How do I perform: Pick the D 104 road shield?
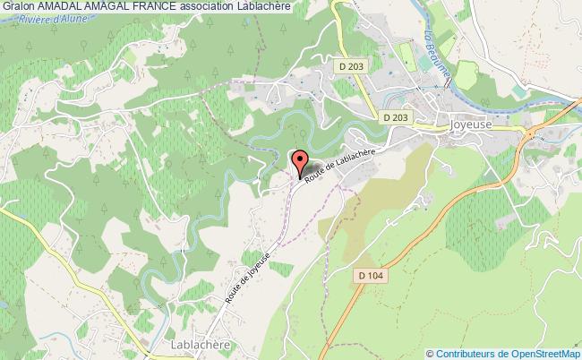368,276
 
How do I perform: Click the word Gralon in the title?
17,6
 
